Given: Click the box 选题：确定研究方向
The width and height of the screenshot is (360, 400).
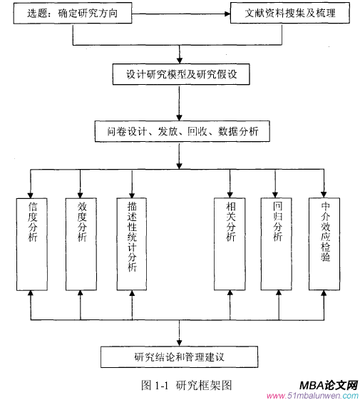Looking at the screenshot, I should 73,13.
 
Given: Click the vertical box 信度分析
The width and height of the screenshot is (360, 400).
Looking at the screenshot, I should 32,242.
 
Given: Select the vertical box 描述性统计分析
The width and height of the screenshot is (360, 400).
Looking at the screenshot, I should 132,242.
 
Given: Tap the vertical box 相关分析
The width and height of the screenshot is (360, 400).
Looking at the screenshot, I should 230,242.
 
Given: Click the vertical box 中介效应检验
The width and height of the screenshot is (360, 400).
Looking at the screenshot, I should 325,242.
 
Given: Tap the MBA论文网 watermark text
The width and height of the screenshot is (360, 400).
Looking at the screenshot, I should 327,383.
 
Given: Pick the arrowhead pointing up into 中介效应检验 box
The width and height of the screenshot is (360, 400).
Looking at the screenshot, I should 325,294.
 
